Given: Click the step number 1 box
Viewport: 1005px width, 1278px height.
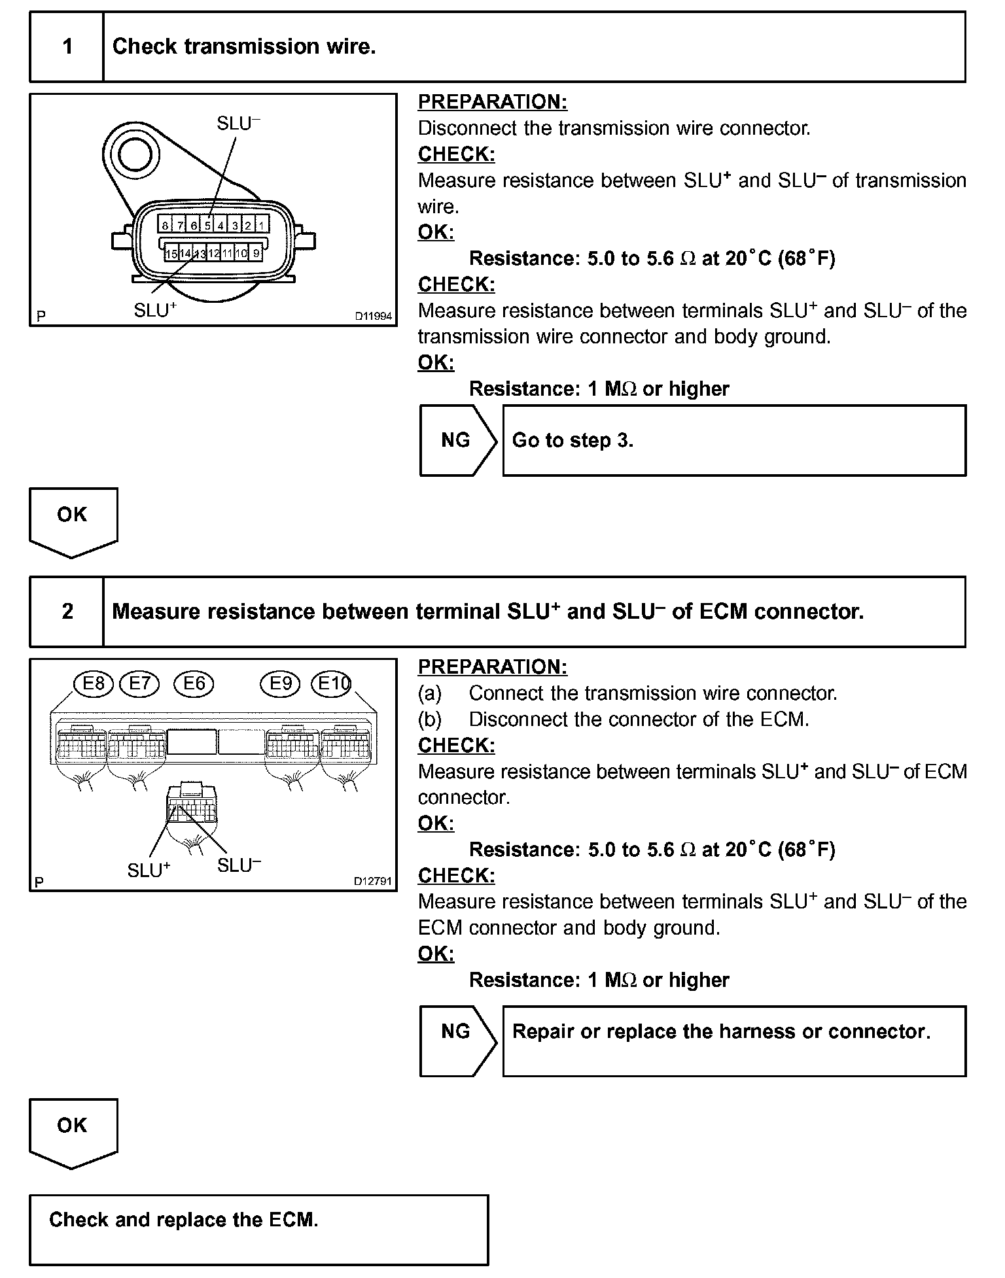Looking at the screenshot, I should pyautogui.click(x=67, y=47).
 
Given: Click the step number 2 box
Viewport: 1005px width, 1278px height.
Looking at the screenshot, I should pyautogui.click(x=67, y=612).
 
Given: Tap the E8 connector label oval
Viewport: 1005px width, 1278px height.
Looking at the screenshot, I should pyautogui.click(x=94, y=684).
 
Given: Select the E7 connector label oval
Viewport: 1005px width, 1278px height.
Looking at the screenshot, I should pyautogui.click(x=139, y=684).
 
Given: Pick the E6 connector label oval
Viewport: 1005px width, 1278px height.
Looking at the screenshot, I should pyautogui.click(x=194, y=684).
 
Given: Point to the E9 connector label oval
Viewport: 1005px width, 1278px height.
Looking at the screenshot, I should pyautogui.click(x=280, y=684).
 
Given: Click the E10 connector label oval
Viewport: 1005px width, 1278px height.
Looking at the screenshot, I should pyautogui.click(x=331, y=684).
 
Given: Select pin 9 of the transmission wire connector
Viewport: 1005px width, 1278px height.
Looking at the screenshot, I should pyautogui.click(x=256, y=253).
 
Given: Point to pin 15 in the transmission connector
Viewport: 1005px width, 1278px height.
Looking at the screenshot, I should pyautogui.click(x=171, y=253).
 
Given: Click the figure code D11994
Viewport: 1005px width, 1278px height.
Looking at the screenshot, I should pyautogui.click(x=373, y=317).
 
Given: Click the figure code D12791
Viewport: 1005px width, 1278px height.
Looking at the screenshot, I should pyautogui.click(x=372, y=881).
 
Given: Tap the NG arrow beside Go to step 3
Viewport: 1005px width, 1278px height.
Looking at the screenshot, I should pyautogui.click(x=457, y=440).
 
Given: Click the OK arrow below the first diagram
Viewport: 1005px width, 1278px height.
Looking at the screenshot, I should pyautogui.click(x=73, y=521).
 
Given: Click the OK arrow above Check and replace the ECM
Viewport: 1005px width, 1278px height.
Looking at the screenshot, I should pyautogui.click(x=73, y=1131).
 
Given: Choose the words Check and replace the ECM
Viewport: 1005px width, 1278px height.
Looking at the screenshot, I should pyautogui.click(x=183, y=1220).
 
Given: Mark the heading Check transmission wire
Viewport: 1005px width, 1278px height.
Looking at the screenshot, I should pyautogui.click(x=244, y=47).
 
